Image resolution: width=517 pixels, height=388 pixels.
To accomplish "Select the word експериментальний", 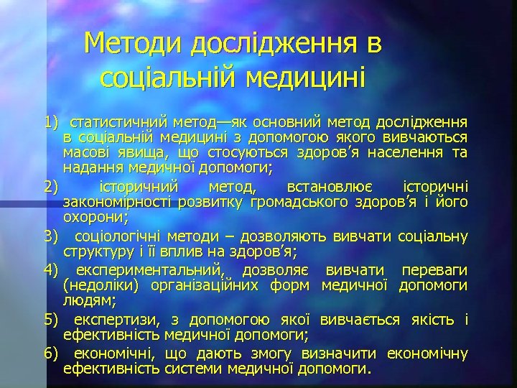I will (x=146, y=269).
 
